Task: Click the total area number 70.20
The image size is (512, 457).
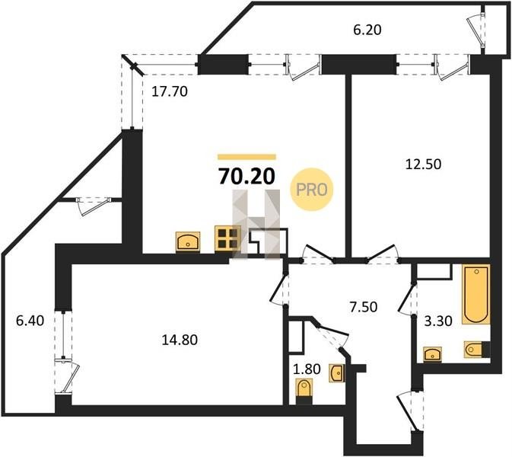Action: coord(246,177)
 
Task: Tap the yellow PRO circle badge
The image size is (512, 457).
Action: coord(311,189)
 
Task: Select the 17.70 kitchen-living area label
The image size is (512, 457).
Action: coord(170,92)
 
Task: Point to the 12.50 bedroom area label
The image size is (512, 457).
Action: coord(423,164)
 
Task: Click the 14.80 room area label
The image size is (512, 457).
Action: coord(180,340)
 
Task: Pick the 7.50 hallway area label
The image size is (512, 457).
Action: coord(364,307)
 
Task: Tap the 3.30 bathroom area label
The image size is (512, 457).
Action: coord(438,321)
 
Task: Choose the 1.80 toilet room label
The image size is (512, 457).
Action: coord(307,369)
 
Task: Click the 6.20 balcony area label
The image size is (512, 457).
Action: coord(367,30)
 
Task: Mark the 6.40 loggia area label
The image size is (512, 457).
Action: coord(30,321)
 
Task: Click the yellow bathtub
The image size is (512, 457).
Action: coord(476,295)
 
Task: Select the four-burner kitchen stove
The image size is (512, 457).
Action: coord(227,238)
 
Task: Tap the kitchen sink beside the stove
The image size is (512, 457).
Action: coord(188,241)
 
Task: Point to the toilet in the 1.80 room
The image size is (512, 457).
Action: coord(304,391)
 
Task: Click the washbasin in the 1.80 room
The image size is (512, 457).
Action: coord(337,372)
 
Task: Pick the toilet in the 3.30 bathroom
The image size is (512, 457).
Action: coord(477,350)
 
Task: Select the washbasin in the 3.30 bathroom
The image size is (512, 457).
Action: coord(432,354)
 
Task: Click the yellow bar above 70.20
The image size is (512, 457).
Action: coord(246,157)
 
